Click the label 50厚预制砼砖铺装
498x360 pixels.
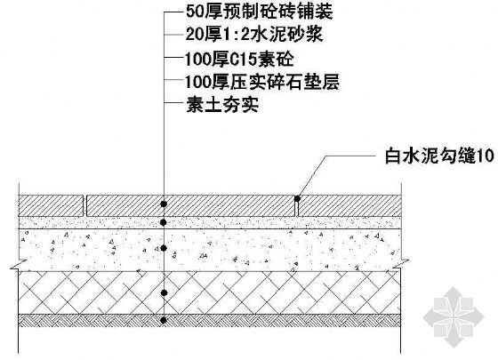tap(259, 12)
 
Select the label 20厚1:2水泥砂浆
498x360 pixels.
tap(254, 34)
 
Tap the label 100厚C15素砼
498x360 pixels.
tap(239, 59)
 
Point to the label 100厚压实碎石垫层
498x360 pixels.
tap(262, 82)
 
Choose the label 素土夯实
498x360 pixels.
tap(222, 105)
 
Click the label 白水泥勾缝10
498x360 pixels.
tap(439, 156)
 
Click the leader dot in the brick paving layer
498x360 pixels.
tap(164, 204)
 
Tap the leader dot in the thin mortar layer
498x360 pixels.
tap(164, 222)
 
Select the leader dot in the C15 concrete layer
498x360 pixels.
tap(164, 248)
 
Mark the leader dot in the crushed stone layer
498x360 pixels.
tap(164, 292)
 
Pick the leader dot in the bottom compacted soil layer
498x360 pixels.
tap(164, 320)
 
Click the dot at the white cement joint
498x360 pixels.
tap(297, 198)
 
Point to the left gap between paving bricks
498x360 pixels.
tap(85, 205)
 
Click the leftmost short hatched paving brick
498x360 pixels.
tap(52, 205)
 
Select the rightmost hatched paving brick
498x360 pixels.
tap(349, 205)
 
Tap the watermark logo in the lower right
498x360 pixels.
tap(454, 316)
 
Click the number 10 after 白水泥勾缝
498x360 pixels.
tap(486, 156)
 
